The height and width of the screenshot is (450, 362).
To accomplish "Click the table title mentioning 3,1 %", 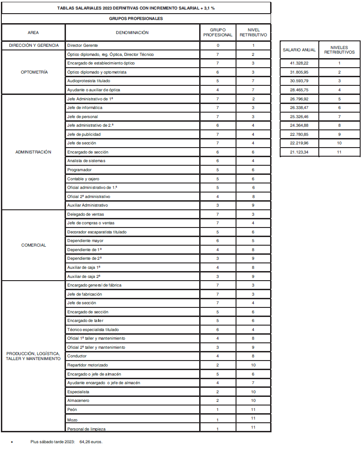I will [136, 8].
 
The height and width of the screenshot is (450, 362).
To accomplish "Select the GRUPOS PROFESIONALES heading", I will [136, 19].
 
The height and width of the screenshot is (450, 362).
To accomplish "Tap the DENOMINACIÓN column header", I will [132, 33].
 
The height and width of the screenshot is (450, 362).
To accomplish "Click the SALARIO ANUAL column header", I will [299, 50].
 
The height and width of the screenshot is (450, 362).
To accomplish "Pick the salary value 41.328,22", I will [299, 64].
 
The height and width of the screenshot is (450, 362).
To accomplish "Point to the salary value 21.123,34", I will [299, 152].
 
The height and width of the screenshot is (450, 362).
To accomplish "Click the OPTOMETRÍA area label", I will [34, 72].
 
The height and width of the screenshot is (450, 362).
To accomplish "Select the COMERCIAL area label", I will [34, 245].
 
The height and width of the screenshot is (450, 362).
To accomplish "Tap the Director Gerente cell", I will [82, 45].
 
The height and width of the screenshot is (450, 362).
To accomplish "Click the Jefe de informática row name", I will [85, 108].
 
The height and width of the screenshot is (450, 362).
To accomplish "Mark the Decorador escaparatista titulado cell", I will [97, 232].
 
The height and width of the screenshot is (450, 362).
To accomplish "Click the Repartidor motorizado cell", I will [87, 365].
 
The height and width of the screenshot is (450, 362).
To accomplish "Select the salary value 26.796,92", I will [299, 99].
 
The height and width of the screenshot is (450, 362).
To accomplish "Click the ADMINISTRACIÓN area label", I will [34, 152].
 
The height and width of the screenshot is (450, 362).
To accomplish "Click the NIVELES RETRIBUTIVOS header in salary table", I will [339, 50].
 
